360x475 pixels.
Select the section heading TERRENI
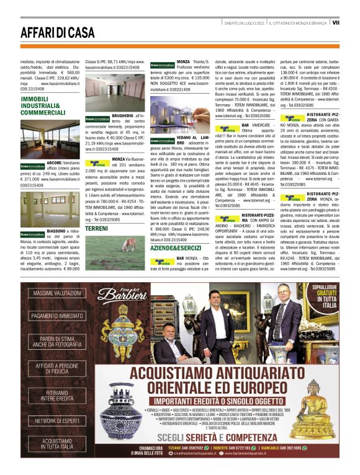[96, 229]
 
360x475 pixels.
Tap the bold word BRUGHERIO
[124, 115]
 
